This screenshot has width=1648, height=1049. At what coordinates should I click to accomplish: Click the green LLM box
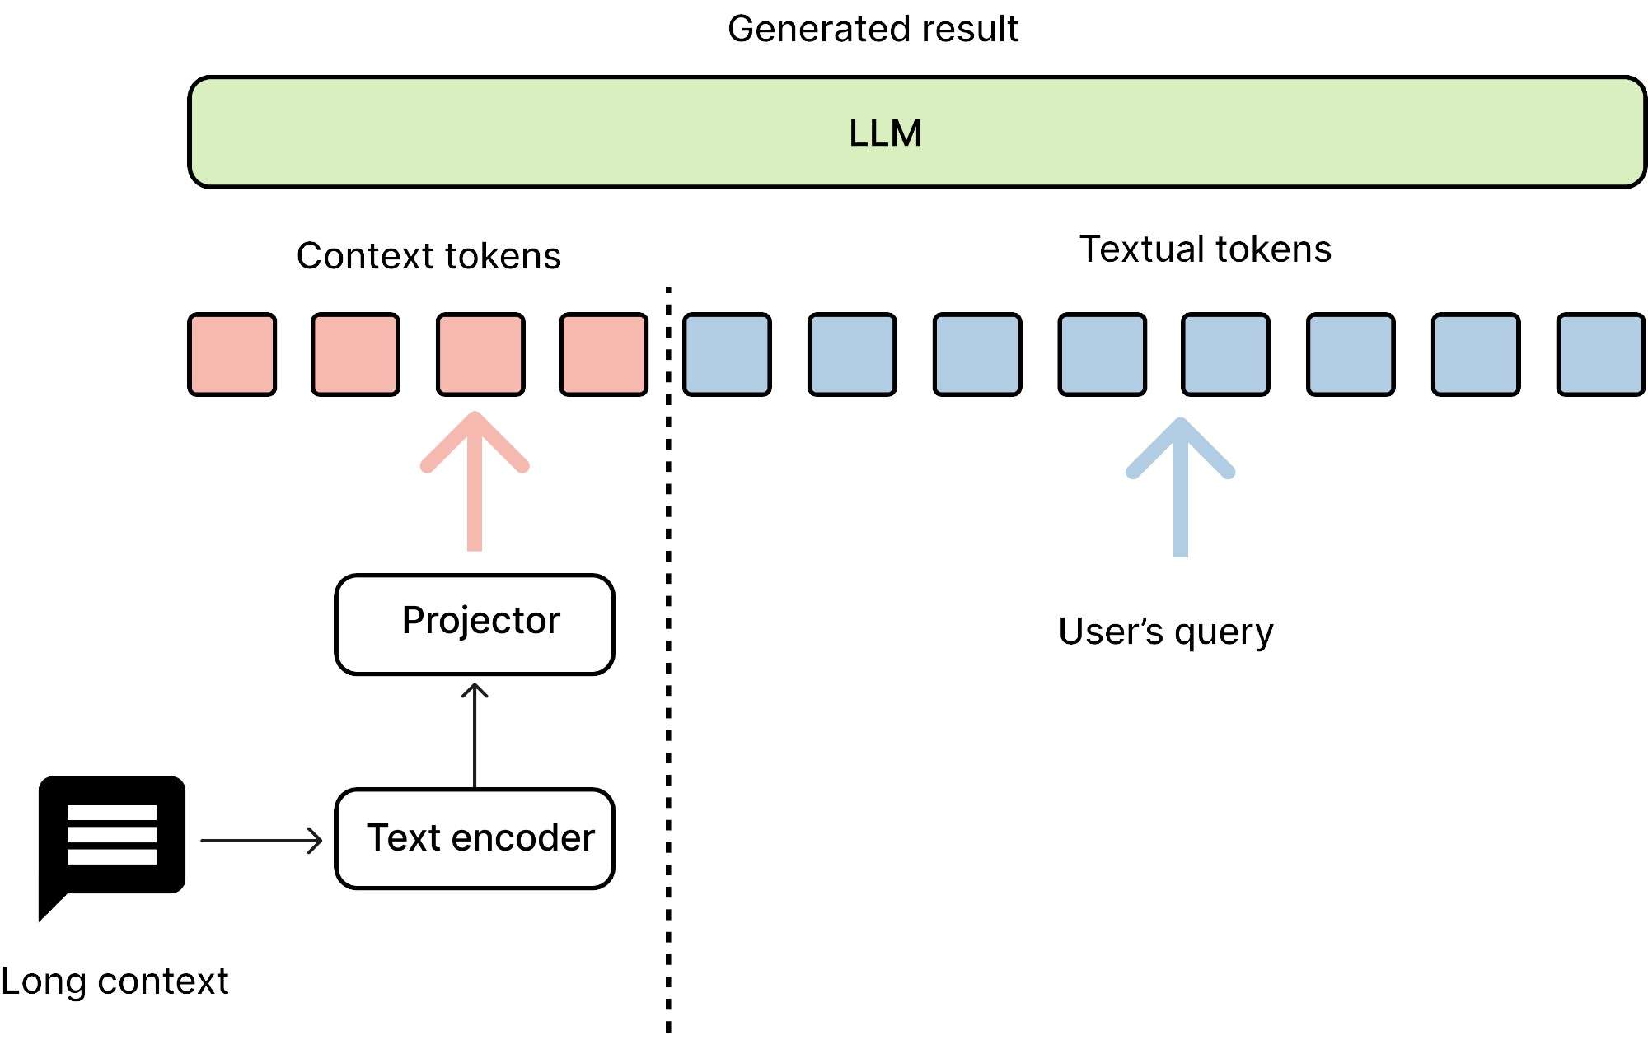click(x=916, y=133)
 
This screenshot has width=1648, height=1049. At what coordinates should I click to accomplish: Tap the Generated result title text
click(x=873, y=30)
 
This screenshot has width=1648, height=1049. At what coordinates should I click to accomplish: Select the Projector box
click(x=475, y=624)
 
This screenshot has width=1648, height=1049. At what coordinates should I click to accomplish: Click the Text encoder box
click(x=475, y=839)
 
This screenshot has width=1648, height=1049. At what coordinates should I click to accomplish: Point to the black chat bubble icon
click(x=111, y=836)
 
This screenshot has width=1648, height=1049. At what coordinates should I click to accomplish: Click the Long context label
click(x=115, y=981)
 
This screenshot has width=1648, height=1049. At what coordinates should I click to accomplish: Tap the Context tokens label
click(x=428, y=256)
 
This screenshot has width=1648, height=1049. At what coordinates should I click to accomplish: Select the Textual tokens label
click(x=1205, y=249)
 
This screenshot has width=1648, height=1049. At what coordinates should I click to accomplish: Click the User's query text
click(x=1165, y=632)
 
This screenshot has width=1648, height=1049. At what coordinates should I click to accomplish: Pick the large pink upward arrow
click(x=475, y=482)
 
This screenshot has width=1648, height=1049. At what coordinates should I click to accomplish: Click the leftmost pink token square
click(x=232, y=354)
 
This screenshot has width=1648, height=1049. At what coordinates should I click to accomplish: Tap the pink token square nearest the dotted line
click(x=604, y=354)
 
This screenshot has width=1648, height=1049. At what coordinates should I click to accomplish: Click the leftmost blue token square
click(x=728, y=354)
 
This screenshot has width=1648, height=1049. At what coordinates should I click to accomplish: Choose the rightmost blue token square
click(x=1600, y=354)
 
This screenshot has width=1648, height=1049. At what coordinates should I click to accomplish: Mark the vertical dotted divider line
click(x=668, y=659)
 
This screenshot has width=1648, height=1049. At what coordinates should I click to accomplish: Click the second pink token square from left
click(x=356, y=354)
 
